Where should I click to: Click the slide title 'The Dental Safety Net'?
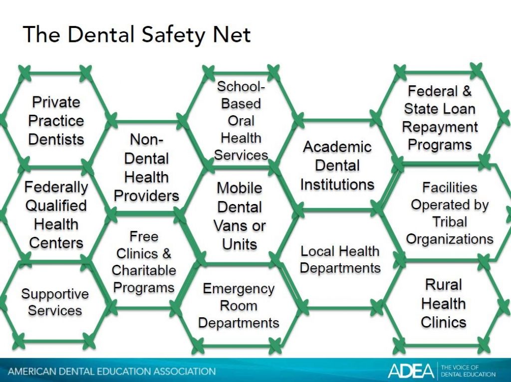tap(137, 34)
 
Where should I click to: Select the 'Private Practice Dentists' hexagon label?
tap(56, 121)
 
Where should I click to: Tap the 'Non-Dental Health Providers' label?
tap(146, 168)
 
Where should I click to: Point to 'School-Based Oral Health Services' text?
tap(241, 121)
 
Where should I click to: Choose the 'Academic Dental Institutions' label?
tap(337, 166)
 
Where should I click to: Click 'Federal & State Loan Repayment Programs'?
tap(440, 118)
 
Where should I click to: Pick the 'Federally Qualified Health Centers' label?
tap(56, 215)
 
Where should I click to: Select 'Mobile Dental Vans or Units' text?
tap(240, 216)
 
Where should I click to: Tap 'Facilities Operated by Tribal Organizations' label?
tap(450, 213)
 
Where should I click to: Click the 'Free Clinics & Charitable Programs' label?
tap(144, 262)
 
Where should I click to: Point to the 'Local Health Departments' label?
tap(340, 259)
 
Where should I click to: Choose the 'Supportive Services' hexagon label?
tap(55, 302)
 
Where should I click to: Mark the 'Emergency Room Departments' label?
tap(239, 306)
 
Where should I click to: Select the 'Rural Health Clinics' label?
tap(444, 304)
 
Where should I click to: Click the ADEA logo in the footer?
tap(411, 371)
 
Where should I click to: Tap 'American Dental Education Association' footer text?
tap(112, 371)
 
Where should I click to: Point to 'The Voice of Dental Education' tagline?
tap(468, 371)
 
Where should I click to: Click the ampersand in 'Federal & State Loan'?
tap(467, 91)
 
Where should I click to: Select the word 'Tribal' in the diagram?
tap(450, 222)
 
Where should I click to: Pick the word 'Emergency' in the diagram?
tap(239, 289)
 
